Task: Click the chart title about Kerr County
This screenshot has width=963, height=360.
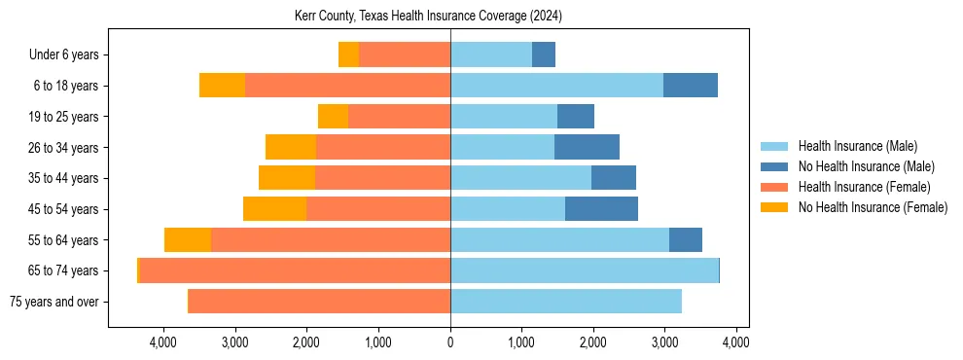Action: pyautogui.click(x=428, y=17)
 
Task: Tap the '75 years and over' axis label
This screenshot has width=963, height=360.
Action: pyautogui.click(x=54, y=302)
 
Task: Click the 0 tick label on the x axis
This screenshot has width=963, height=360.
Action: pyautogui.click(x=450, y=342)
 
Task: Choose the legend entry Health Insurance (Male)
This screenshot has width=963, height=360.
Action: pyautogui.click(x=857, y=146)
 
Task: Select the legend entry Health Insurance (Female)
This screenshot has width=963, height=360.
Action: pyautogui.click(x=864, y=187)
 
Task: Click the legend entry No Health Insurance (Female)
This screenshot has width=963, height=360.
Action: pyautogui.click(x=873, y=207)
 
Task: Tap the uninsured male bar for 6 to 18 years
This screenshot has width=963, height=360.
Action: pyautogui.click(x=691, y=86)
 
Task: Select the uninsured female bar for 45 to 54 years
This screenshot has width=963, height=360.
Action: pyautogui.click(x=274, y=209)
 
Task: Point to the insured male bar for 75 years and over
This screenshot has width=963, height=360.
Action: pyautogui.click(x=566, y=302)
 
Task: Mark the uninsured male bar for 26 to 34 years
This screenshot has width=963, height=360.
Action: pyautogui.click(x=587, y=147)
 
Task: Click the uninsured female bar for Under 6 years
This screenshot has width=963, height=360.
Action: pyautogui.click(x=348, y=54)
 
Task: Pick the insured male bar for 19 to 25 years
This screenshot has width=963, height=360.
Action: pyautogui.click(x=504, y=117)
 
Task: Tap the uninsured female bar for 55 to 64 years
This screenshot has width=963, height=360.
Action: pyautogui.click(x=188, y=239)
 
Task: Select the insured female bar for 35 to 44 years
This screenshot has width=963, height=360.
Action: pyautogui.click(x=382, y=178)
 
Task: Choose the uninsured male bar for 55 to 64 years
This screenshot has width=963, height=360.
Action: pyautogui.click(x=686, y=239)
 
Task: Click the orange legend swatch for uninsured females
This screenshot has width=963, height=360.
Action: pyautogui.click(x=775, y=207)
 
